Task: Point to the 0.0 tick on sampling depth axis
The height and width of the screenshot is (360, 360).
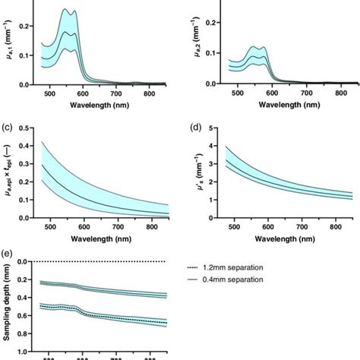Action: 25,261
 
